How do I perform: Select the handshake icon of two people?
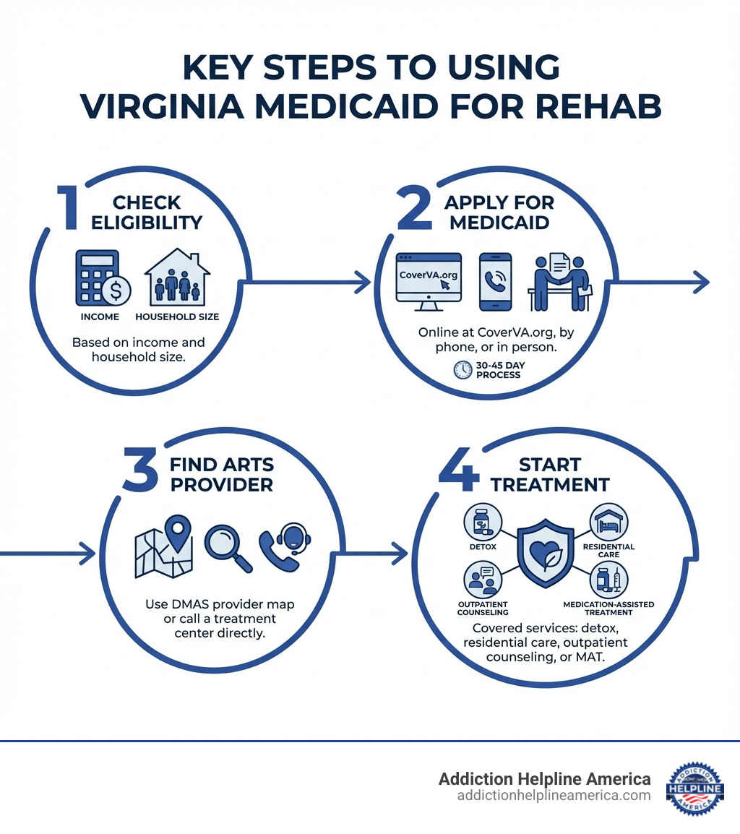tap(560, 282)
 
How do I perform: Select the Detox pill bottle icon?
tap(483, 521)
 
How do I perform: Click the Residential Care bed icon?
tap(608, 520)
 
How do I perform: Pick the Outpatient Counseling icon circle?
tap(482, 580)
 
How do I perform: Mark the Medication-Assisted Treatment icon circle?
tap(608, 580)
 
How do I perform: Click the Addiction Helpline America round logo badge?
tap(694, 788)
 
